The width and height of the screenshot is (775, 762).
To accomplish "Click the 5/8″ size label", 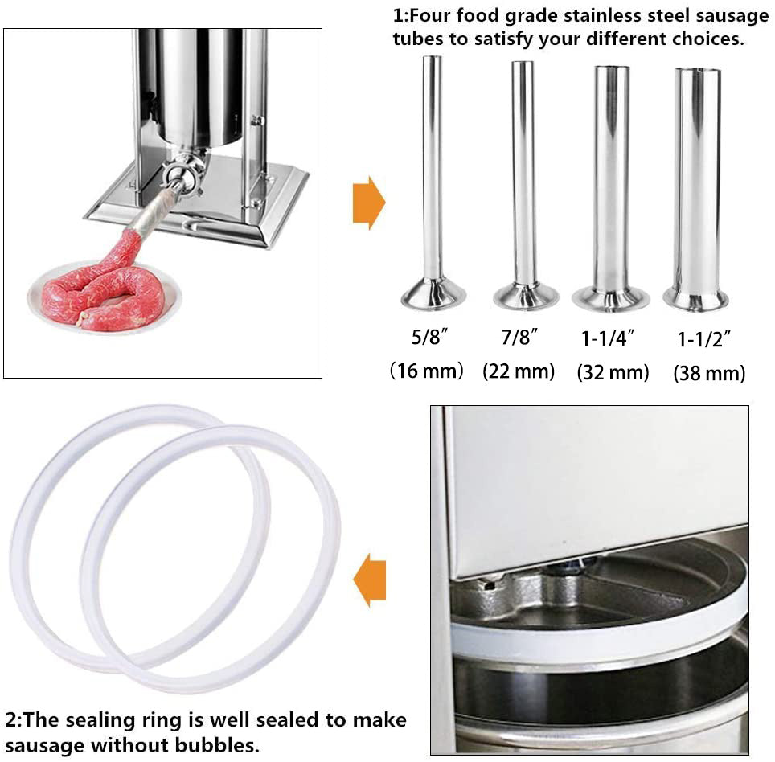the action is pos(429,337).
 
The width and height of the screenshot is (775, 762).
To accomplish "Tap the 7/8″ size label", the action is pos(519,338).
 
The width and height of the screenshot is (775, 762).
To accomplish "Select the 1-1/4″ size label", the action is pos(608,338).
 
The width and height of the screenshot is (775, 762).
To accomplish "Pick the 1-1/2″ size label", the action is pos(703,339).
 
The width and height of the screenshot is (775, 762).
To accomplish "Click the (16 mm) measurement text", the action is pos(427,371).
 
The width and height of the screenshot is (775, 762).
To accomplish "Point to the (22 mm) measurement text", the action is pos(519,371).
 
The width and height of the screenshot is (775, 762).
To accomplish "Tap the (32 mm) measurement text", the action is pos(613,373).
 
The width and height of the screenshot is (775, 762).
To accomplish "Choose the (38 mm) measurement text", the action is pos(709,374).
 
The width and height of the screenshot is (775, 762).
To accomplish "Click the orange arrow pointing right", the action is pos(369,203).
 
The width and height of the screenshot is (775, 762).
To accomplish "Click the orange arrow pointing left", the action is pos(369,580).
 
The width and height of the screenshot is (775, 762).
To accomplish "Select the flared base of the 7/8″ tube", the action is pos(526,296).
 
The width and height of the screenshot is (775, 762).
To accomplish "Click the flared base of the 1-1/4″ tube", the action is pos(610,298).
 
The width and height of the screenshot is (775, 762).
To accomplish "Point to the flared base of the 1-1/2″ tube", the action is pos(695,298).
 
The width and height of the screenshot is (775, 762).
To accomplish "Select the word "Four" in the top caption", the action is pos(429,15).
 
